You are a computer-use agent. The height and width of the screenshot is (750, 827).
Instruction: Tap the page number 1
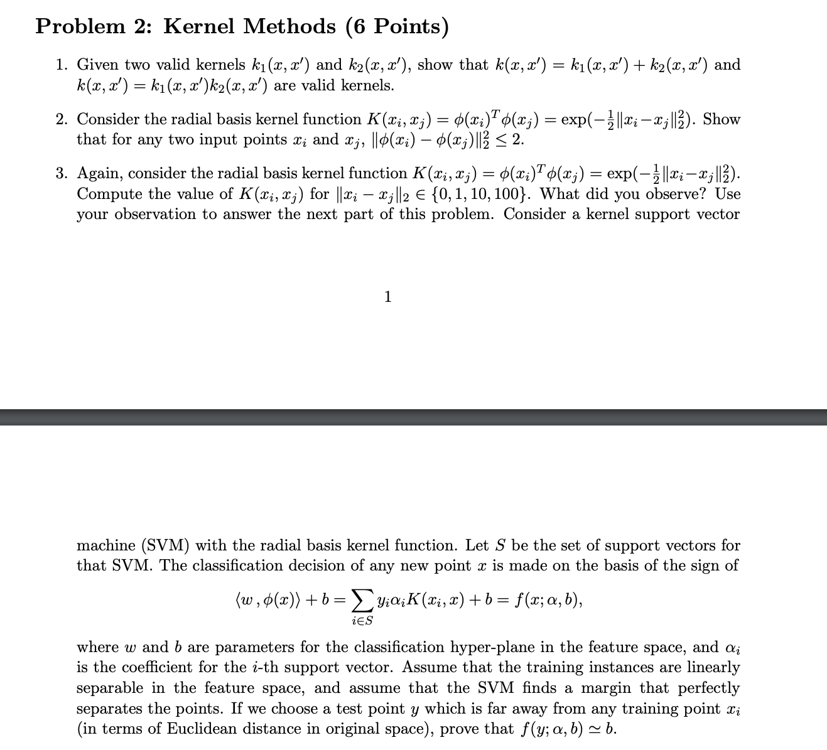click(x=387, y=296)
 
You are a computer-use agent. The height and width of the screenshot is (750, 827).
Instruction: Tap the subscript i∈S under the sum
click(x=360, y=621)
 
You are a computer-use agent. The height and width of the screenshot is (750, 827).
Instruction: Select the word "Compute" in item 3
click(x=108, y=194)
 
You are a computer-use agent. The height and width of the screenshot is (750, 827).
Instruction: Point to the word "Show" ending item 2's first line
click(x=722, y=119)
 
